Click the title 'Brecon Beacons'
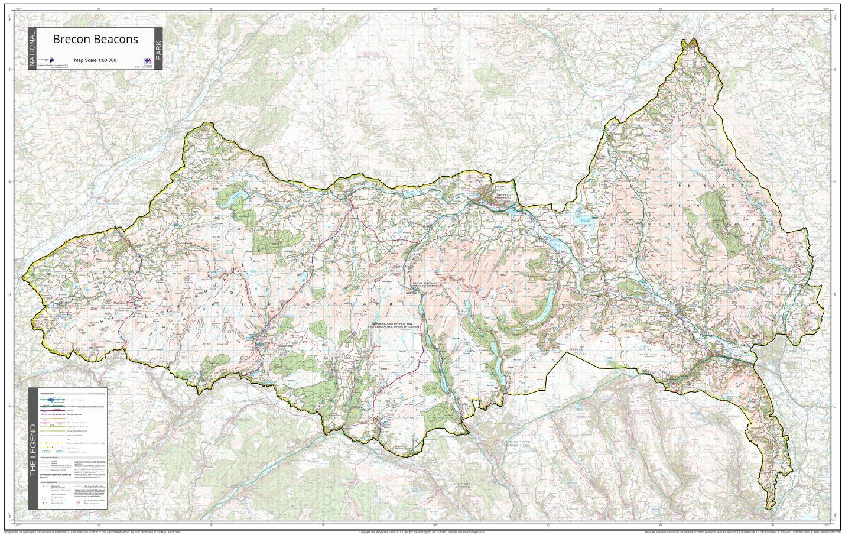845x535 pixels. [95, 40]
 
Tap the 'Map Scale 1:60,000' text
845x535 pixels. [95, 60]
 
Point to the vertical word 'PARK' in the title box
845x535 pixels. [158, 48]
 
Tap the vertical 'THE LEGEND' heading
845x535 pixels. [33, 449]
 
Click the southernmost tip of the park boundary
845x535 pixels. [769, 508]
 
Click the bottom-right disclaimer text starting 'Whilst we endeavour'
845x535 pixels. [739, 531]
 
